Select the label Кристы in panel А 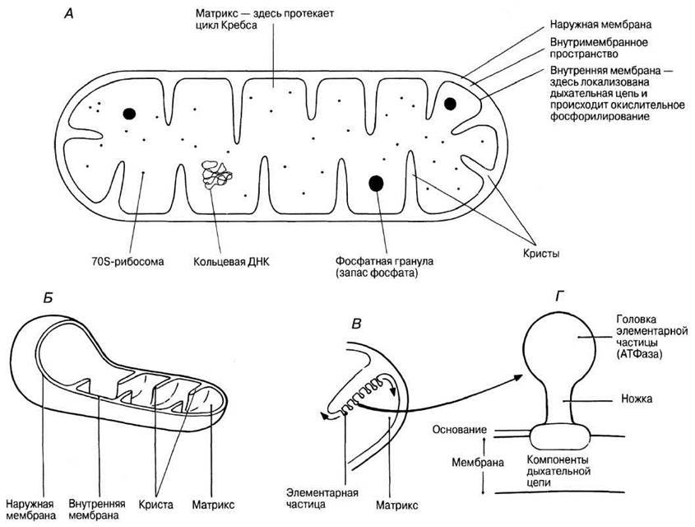pyautogui.click(x=540, y=254)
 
